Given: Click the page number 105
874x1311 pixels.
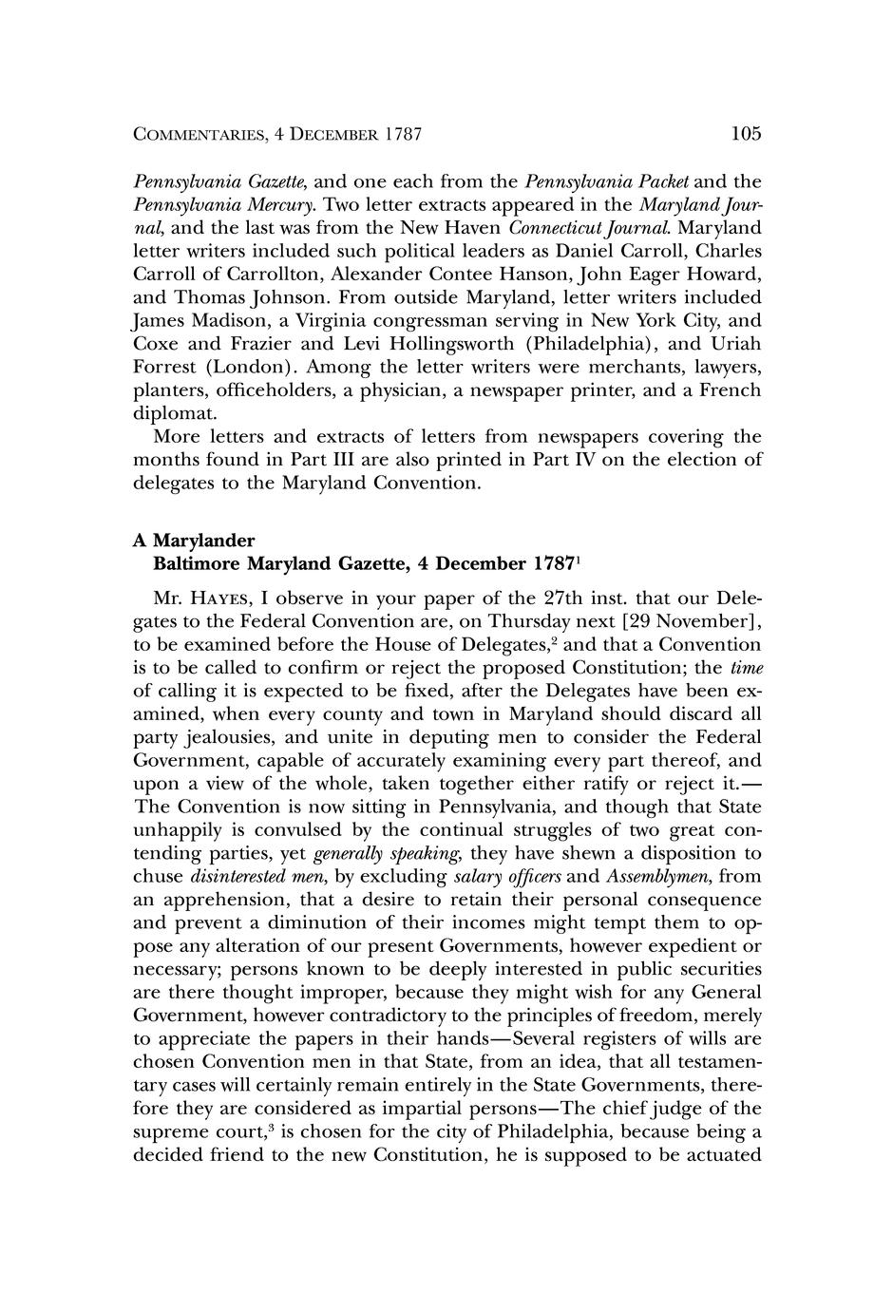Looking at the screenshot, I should [747, 133].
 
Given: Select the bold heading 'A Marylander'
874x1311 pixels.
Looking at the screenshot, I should [195, 541].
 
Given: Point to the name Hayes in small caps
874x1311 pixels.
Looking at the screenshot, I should [224, 599].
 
